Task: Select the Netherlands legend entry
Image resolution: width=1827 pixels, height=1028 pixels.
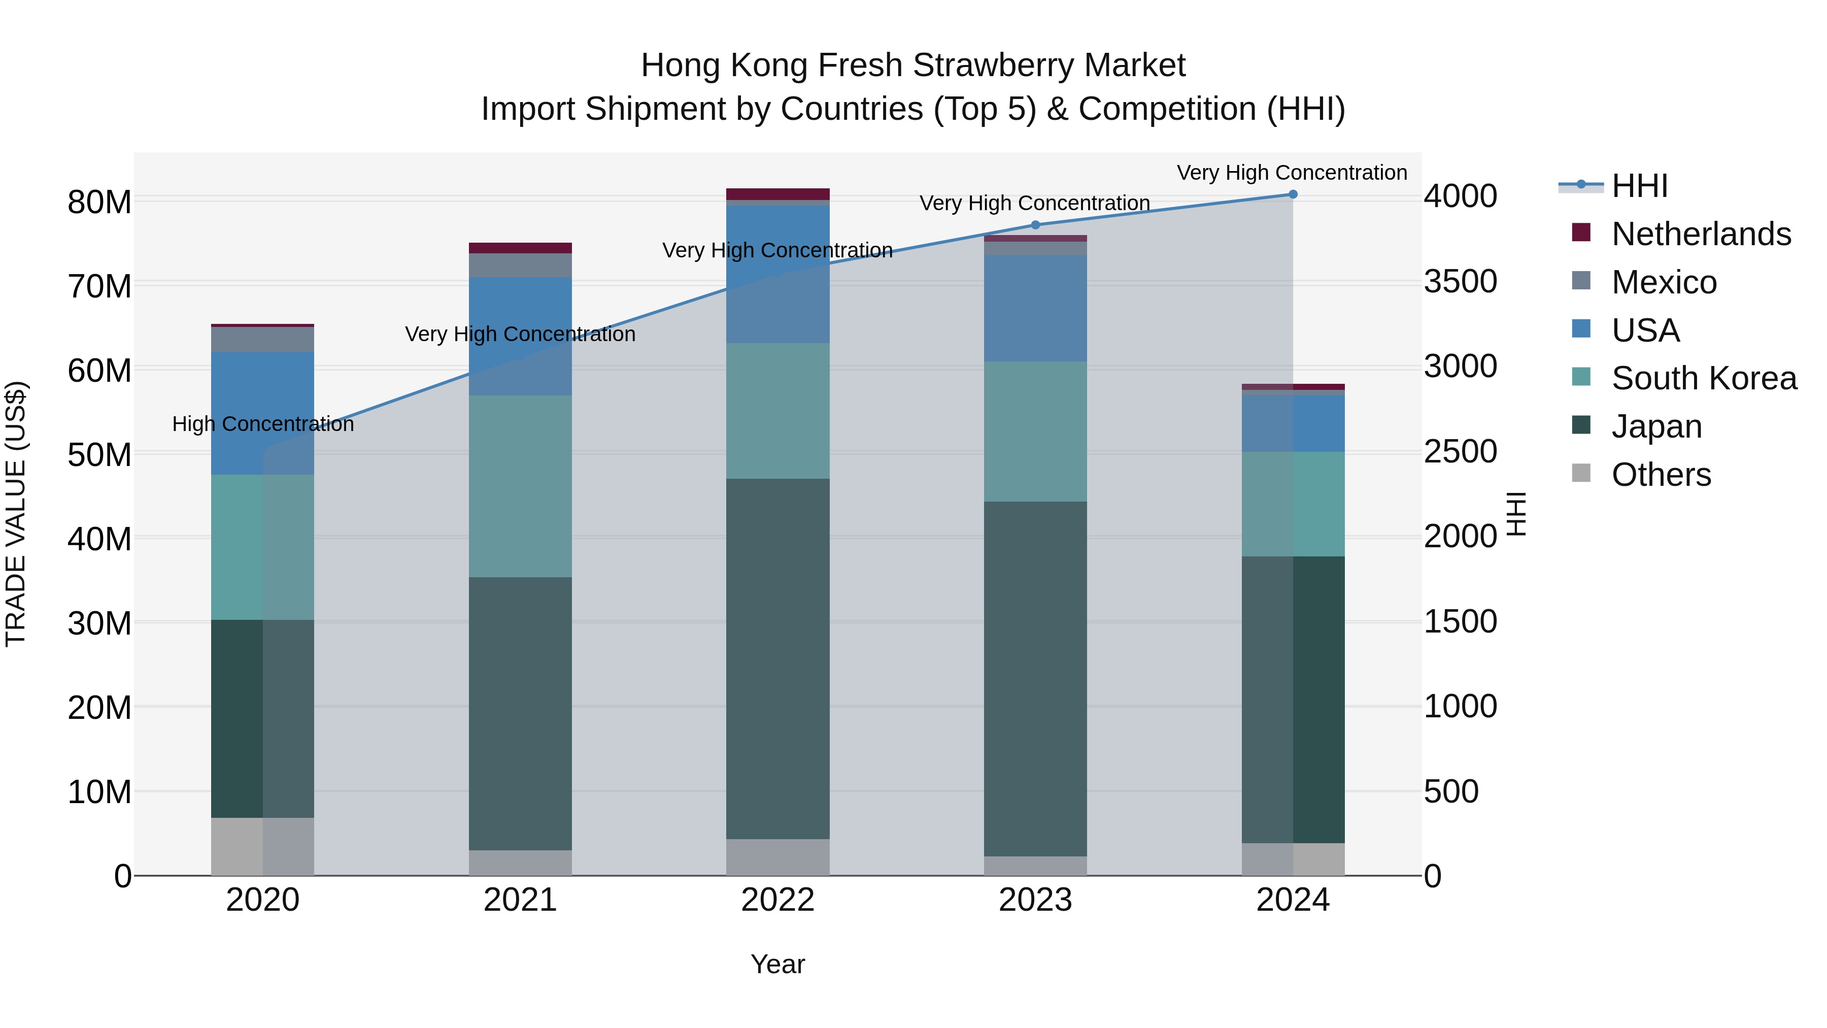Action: (x=1701, y=234)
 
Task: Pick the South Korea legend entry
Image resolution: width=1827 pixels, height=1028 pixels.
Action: (x=1704, y=378)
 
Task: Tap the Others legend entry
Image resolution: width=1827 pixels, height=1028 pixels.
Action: (x=1661, y=475)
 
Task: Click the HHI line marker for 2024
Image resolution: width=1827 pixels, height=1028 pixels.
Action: (x=1292, y=194)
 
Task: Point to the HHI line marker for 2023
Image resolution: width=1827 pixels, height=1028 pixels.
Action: (x=1035, y=225)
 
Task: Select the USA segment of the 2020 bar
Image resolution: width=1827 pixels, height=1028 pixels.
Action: (x=263, y=413)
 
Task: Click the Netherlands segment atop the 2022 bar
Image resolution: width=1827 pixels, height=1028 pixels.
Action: (x=778, y=194)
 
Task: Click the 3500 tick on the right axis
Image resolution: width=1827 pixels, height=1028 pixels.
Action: (x=1460, y=282)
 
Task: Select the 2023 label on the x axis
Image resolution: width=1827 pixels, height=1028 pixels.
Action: (x=1035, y=900)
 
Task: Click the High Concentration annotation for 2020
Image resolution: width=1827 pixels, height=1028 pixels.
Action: (x=263, y=424)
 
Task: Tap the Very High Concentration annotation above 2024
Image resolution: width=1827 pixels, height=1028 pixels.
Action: (x=1292, y=173)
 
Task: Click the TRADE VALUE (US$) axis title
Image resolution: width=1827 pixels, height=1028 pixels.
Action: (x=16, y=514)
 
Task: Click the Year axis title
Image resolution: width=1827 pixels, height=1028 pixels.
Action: (x=777, y=964)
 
